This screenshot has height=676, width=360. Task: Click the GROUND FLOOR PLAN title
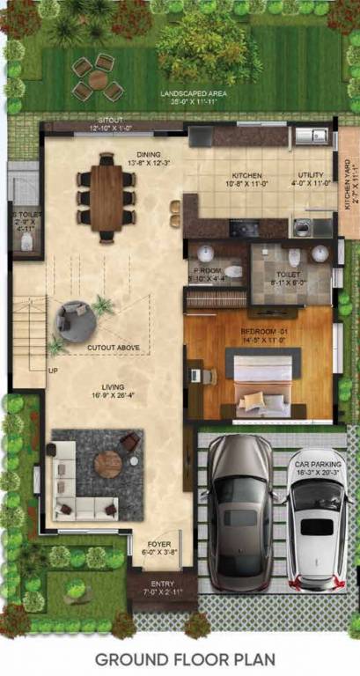(185, 658)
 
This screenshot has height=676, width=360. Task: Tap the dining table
(106, 198)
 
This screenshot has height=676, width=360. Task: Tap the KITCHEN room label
(246, 175)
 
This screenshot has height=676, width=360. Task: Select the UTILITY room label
(312, 175)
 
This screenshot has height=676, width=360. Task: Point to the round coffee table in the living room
(107, 463)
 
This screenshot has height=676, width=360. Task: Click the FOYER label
(159, 544)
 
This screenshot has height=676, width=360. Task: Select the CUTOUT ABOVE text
(113, 348)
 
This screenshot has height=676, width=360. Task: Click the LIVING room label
(112, 386)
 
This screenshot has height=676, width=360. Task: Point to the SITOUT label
(110, 120)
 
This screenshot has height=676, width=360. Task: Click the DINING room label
(148, 155)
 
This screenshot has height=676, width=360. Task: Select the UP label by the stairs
(53, 371)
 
